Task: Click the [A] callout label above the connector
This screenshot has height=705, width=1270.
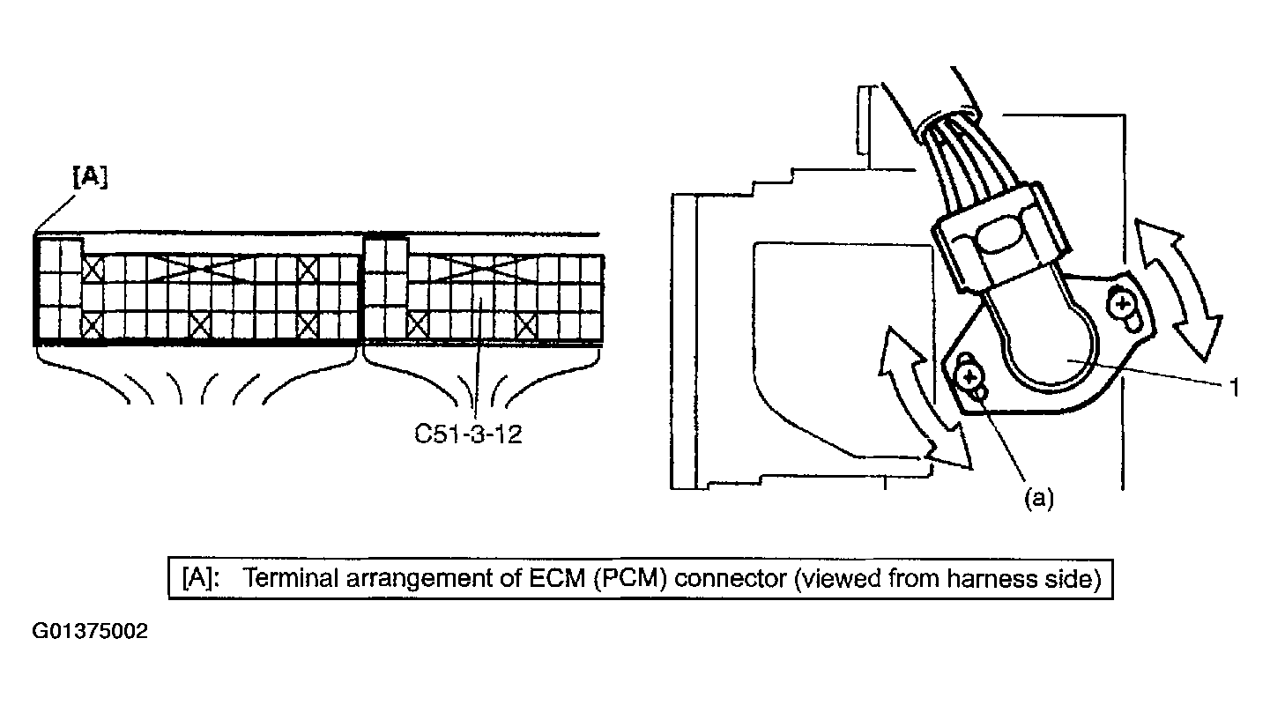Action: [x=89, y=177]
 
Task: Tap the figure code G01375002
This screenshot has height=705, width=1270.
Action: [x=90, y=632]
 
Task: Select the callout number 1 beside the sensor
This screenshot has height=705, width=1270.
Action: [x=1235, y=387]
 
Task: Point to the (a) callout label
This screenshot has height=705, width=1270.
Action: [x=1037, y=498]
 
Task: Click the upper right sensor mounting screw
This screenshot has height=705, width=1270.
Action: [x=1122, y=305]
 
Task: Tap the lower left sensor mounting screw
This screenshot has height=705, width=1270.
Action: [x=969, y=377]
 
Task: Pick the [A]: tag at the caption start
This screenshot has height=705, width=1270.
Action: [x=200, y=579]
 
